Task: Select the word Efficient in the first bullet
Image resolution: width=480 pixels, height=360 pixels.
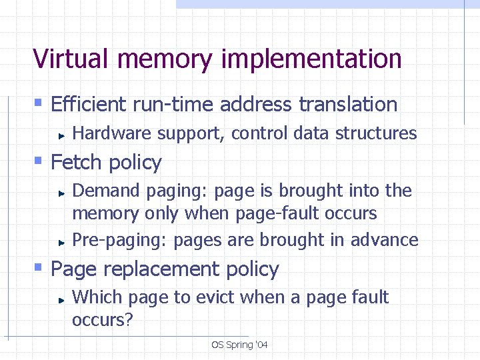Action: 89,105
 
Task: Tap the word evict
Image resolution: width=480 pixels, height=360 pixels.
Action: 215,297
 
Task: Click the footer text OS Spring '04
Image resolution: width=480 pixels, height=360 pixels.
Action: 239,345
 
